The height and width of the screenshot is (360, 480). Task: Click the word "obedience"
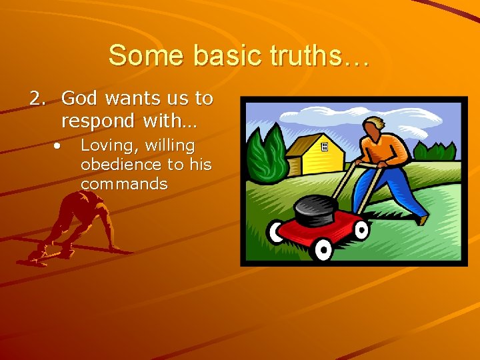(121, 164)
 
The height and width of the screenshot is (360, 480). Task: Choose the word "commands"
(124, 183)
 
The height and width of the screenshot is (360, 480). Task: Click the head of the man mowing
(375, 129)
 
